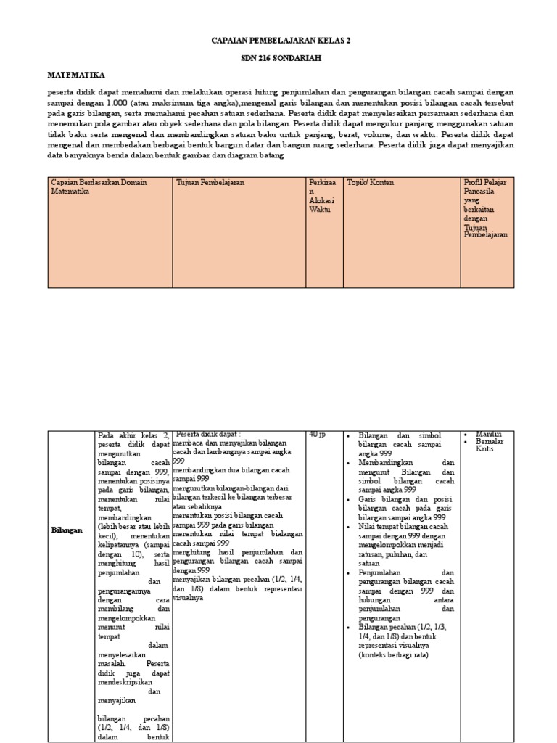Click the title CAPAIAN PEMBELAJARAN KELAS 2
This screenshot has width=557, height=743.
pyautogui.click(x=279, y=41)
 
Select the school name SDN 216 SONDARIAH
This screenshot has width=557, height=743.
pyautogui.click(x=279, y=58)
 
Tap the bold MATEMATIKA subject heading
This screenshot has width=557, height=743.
pyautogui.click(x=76, y=75)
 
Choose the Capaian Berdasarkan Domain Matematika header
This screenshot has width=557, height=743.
pyautogui.click(x=99, y=187)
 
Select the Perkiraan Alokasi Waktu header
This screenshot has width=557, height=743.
pyautogui.click(x=319, y=196)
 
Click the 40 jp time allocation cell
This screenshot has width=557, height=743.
pyautogui.click(x=317, y=434)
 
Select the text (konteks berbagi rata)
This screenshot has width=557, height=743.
pyautogui.click(x=393, y=654)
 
